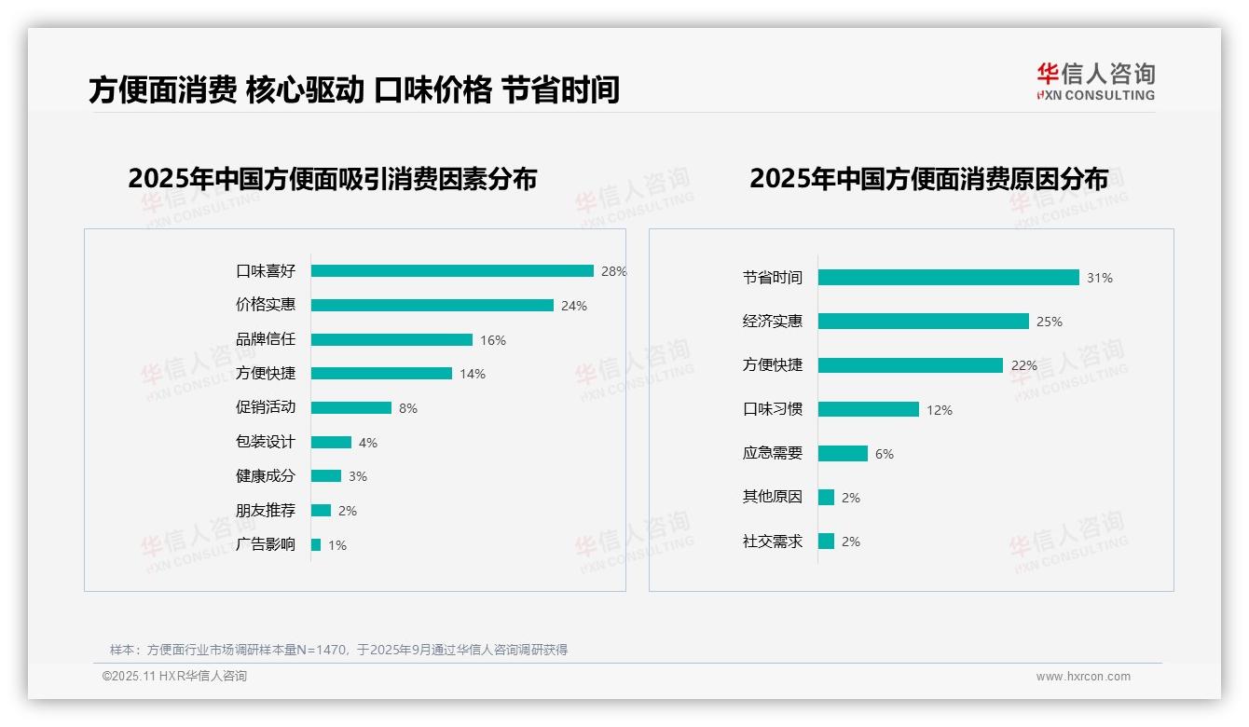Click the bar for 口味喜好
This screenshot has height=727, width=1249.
(452, 271)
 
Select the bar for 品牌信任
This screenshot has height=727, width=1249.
(391, 340)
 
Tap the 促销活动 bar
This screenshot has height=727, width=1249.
(351, 408)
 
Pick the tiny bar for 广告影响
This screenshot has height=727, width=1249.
(316, 544)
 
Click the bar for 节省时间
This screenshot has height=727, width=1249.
(948, 278)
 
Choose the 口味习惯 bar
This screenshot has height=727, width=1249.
(868, 409)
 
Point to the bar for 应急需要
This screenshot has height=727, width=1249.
(843, 454)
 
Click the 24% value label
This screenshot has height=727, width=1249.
(574, 306)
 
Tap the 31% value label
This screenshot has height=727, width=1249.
(1100, 278)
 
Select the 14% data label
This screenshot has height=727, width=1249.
(473, 374)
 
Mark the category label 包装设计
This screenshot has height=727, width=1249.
(266, 442)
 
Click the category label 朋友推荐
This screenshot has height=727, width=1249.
(266, 511)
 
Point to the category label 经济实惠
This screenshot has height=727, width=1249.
(773, 322)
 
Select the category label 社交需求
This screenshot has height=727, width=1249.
(773, 542)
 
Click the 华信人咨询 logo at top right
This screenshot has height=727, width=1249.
(1095, 81)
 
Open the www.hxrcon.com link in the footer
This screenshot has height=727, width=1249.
(1083, 677)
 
